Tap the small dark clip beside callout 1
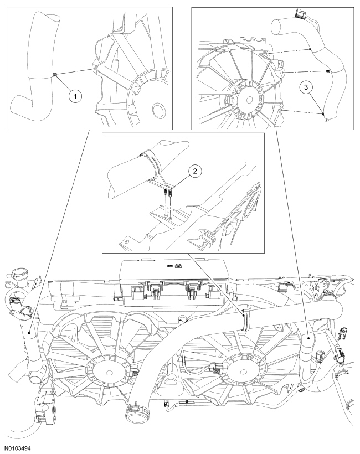pos(54,74)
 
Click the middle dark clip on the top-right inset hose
pos(329,71)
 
